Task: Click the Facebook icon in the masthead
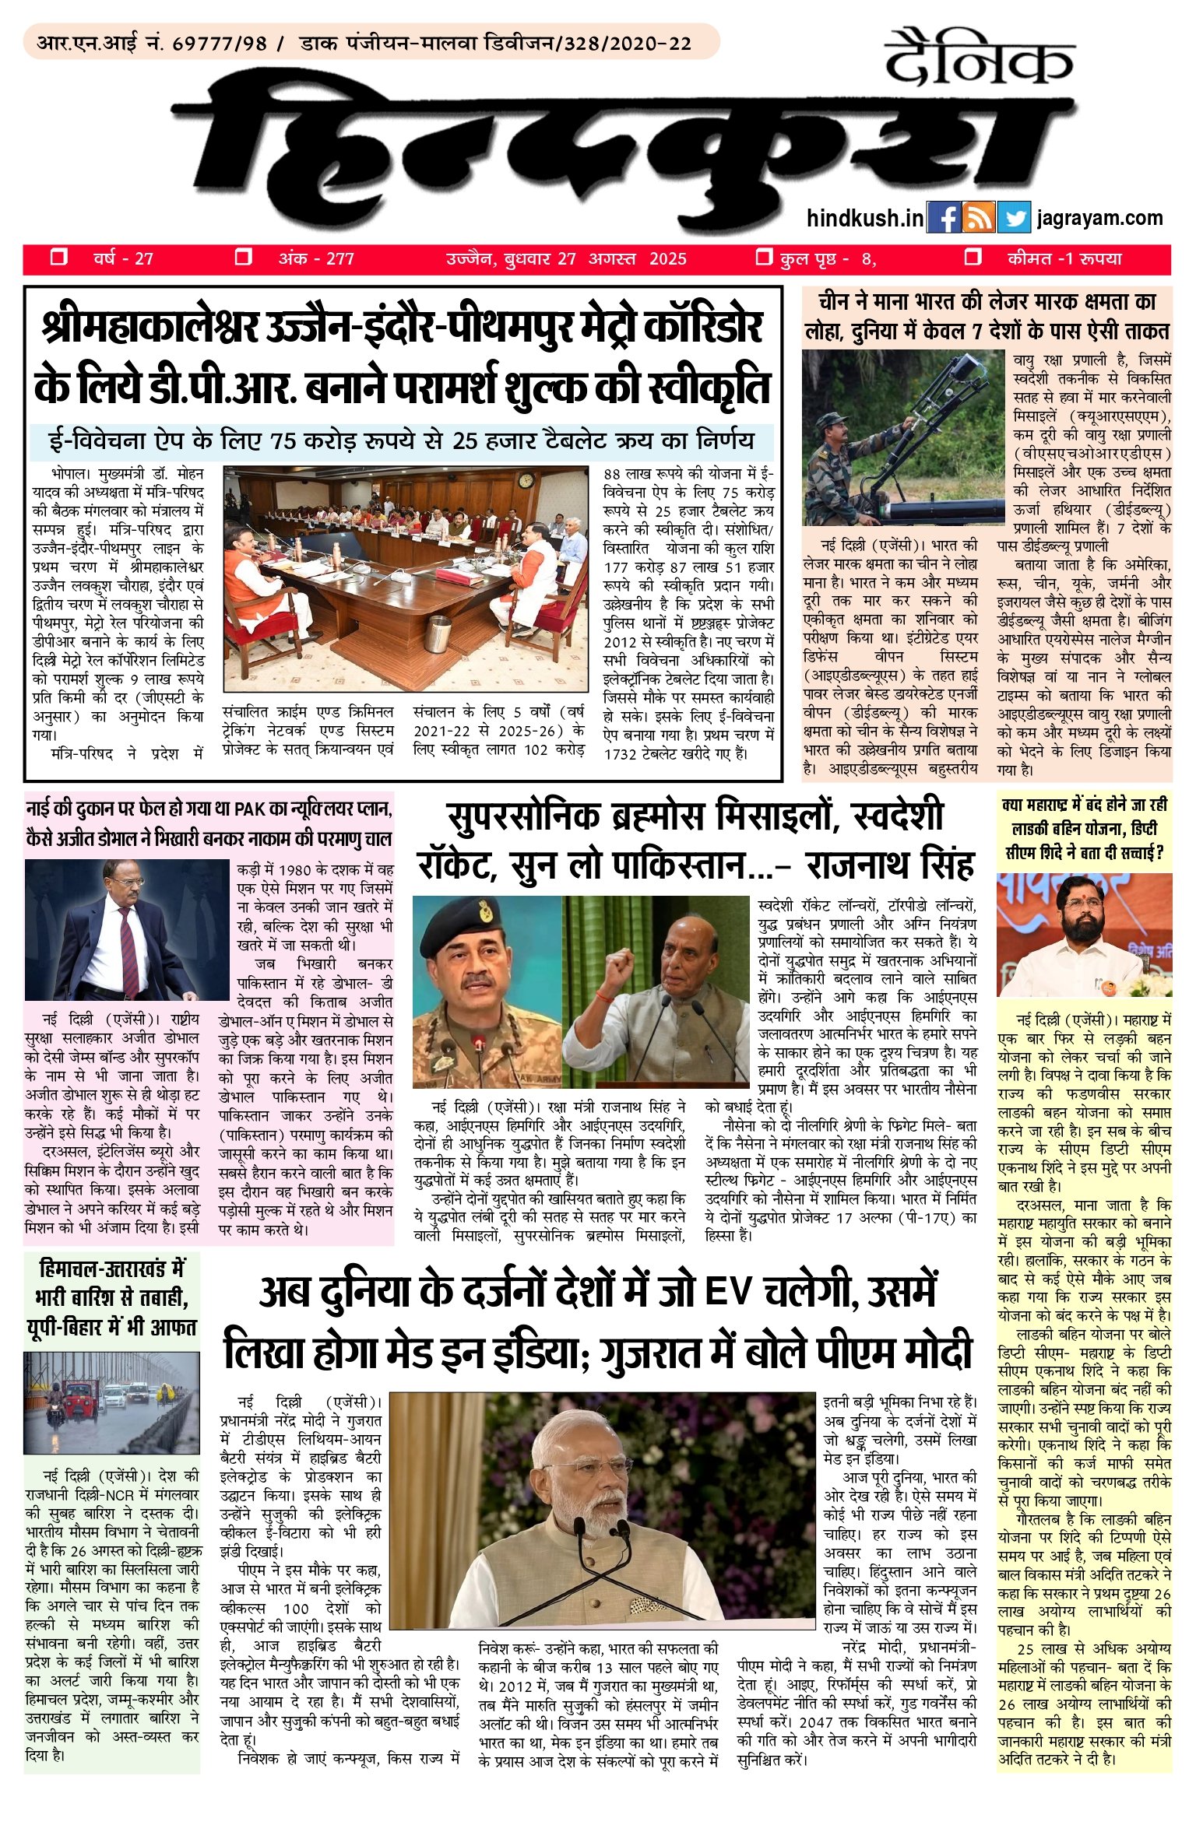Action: tap(944, 217)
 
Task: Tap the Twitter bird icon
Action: tap(1014, 217)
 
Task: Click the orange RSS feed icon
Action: tap(979, 217)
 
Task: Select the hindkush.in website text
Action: tap(864, 218)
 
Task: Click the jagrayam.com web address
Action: tap(1099, 218)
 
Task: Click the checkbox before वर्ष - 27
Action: tap(58, 258)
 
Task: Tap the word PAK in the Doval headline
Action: tap(251, 809)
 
